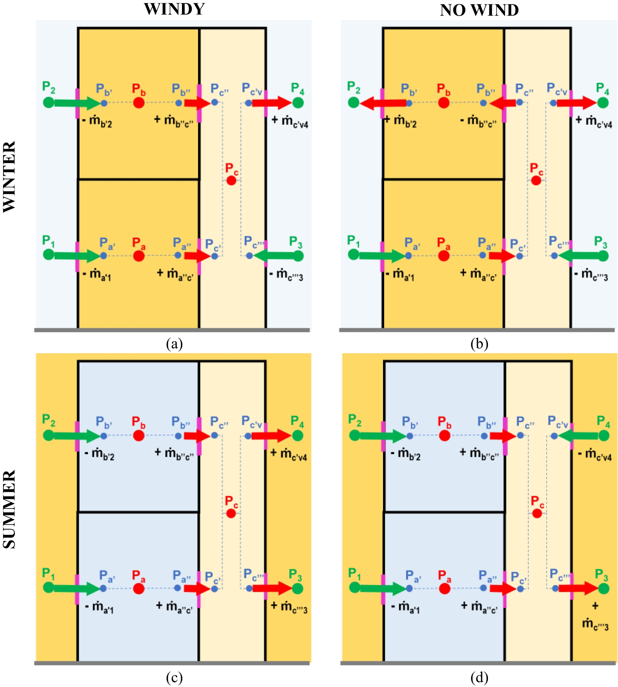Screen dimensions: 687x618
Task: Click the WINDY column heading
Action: (x=174, y=9)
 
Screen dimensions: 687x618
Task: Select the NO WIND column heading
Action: (x=479, y=10)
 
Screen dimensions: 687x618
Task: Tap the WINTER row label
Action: (x=9, y=177)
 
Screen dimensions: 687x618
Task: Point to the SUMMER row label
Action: (x=9, y=509)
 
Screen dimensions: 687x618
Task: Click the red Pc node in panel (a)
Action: (x=231, y=180)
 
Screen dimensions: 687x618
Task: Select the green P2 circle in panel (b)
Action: (x=353, y=102)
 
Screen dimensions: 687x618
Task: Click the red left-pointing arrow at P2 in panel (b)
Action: (x=383, y=103)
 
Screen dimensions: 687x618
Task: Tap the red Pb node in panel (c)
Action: (x=139, y=435)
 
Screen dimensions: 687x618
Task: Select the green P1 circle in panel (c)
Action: (x=49, y=587)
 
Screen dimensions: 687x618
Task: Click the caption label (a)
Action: (x=174, y=343)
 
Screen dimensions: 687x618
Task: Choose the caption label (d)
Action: (x=479, y=677)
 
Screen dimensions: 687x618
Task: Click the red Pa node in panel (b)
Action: (x=444, y=256)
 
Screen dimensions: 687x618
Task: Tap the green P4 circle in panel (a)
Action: (x=298, y=102)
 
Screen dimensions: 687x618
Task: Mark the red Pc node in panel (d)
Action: (x=537, y=513)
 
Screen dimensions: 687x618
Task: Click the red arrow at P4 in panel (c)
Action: (x=271, y=435)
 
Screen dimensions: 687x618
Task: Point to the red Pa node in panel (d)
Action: (x=445, y=588)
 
